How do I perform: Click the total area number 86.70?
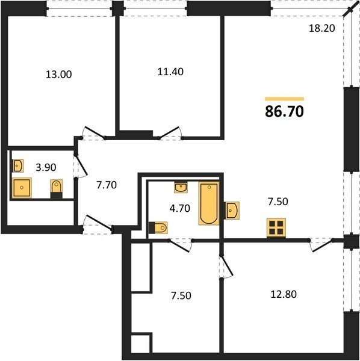coord(285,111)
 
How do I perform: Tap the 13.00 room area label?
coord(59,75)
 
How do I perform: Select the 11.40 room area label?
coord(170,72)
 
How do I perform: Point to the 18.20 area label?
coord(321,28)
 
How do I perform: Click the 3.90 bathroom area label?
coord(46,167)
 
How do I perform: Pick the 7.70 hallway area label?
coord(107,185)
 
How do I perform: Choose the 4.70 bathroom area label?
coord(180,208)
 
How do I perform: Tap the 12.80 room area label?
coord(284,294)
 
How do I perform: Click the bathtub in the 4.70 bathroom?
coord(209,203)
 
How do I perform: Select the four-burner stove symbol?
coord(276,227)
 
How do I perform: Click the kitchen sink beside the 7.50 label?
coord(232,211)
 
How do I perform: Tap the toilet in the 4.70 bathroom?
coord(158,227)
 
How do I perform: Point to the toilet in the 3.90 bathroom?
coord(57,189)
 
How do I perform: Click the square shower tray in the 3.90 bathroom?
coord(22,188)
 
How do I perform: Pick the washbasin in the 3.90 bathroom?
coord(17,166)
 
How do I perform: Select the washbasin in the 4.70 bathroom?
coord(181,187)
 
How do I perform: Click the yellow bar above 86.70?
coord(285,99)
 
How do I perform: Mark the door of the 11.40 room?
coord(169,132)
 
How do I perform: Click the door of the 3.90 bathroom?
coord(81,165)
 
